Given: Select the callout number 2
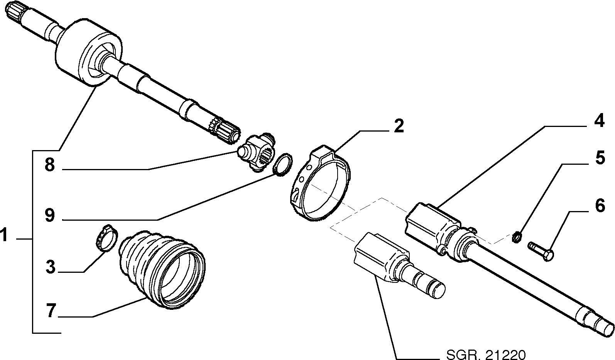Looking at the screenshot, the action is (x=399, y=126).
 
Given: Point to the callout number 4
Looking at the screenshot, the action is (x=599, y=120).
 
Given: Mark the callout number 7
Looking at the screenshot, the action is (x=51, y=311).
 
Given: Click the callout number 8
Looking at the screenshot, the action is (x=50, y=165).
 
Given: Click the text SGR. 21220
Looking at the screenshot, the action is (x=486, y=355).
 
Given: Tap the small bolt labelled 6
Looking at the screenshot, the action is (x=540, y=251).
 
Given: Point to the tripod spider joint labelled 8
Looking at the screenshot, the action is (x=256, y=152).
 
